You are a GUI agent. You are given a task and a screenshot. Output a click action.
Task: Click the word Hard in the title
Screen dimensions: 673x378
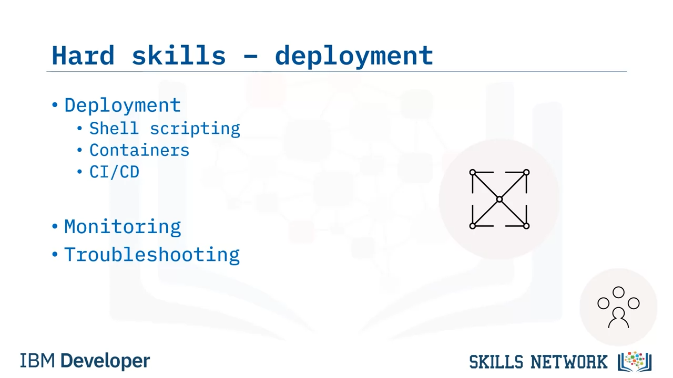[x=83, y=55]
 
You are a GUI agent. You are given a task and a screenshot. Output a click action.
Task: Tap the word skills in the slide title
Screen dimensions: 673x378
[x=179, y=55]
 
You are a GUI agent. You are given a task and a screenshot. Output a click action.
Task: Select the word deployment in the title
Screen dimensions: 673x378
[x=354, y=56]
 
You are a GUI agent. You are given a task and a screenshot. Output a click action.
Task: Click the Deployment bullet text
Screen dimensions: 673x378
[x=123, y=106]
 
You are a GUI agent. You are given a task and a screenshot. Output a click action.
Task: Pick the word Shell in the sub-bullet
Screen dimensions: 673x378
[x=114, y=128]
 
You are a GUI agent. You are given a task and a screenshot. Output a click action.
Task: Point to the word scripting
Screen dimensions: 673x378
[x=195, y=129]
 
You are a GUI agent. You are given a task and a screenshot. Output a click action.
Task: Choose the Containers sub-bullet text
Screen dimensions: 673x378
[x=139, y=150]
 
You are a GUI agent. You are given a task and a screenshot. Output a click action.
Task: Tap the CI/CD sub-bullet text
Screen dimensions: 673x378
[x=115, y=172]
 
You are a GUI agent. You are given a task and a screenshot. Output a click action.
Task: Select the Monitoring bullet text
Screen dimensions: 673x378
[x=123, y=227]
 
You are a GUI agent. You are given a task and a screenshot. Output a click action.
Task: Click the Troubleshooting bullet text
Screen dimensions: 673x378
[x=152, y=255]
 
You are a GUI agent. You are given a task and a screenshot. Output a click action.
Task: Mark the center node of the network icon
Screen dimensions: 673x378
[x=499, y=199]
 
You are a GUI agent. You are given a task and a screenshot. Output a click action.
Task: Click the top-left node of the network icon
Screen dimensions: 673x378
[x=473, y=173]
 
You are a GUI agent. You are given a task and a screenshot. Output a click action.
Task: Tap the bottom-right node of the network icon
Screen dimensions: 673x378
[x=526, y=226]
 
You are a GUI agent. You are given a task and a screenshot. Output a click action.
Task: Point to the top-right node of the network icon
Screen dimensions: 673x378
[x=526, y=172]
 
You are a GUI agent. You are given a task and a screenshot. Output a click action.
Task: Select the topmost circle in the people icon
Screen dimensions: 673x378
[x=619, y=292]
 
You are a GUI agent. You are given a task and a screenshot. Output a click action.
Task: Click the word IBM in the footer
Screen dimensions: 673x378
[x=37, y=361]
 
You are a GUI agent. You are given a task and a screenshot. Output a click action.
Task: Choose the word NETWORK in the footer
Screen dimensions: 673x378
[x=569, y=362]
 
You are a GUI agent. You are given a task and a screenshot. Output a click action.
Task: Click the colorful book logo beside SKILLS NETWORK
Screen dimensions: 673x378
[x=635, y=362]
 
